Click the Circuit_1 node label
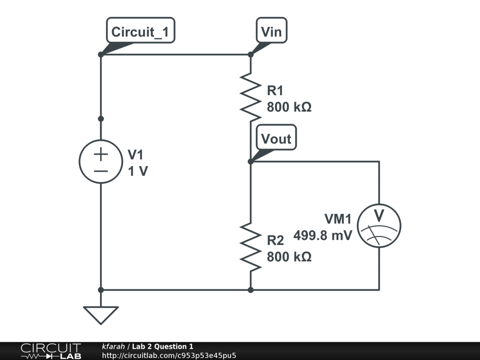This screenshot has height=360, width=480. coord(141,32)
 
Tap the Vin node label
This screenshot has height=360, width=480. coord(271,32)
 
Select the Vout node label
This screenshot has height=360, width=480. coord(276,139)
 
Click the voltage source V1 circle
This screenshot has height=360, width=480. coord(101,161)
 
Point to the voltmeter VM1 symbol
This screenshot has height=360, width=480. coord(379,226)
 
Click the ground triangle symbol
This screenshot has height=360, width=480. coord(101,315)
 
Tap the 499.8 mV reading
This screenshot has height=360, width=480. coord(322,236)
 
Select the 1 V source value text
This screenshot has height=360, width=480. coord(138,172)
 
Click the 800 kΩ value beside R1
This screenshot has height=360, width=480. coord(289,107)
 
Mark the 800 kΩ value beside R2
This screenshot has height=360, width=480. coord(289,257)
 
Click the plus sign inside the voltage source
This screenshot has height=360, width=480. coord(101,153)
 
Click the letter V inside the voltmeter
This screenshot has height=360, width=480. coord(379,215)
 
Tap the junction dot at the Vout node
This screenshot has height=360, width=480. coord(251,161)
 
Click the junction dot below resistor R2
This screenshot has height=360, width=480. coord(251,290)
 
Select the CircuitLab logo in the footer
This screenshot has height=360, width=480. coord(51,351)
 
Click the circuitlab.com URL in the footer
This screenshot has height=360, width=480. coord(169,355)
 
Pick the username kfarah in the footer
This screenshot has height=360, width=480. coord(113,346)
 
